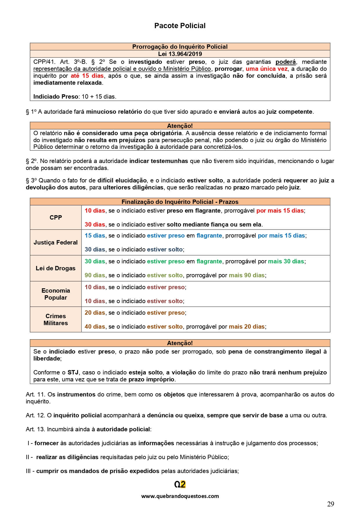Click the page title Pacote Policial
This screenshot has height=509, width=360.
coord(180,26)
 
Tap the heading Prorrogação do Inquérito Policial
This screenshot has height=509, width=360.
coord(180,47)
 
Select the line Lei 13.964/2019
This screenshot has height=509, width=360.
coord(180,54)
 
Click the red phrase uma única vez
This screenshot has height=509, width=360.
coord(266,69)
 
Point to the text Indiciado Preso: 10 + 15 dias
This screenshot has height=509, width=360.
coord(75,97)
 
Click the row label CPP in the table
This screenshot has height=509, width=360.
coord(56,218)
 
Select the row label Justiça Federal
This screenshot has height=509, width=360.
coord(56,242)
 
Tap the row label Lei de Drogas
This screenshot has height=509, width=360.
coord(56,268)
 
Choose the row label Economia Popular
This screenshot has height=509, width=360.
coord(56,294)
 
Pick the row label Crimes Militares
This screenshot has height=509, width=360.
coord(56,320)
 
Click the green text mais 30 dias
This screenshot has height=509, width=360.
coord(286,261)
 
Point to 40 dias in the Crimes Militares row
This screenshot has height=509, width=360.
coord(95,327)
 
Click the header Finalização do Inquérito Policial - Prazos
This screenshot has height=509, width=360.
coord(180,202)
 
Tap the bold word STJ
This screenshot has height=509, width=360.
coord(73,372)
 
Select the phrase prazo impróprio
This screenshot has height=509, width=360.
coord(151,379)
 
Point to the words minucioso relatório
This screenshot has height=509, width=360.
coord(114,112)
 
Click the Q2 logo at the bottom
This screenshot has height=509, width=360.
coord(180,484)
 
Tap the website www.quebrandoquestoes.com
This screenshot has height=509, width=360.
coord(180,496)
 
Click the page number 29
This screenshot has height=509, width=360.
coord(330,504)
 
